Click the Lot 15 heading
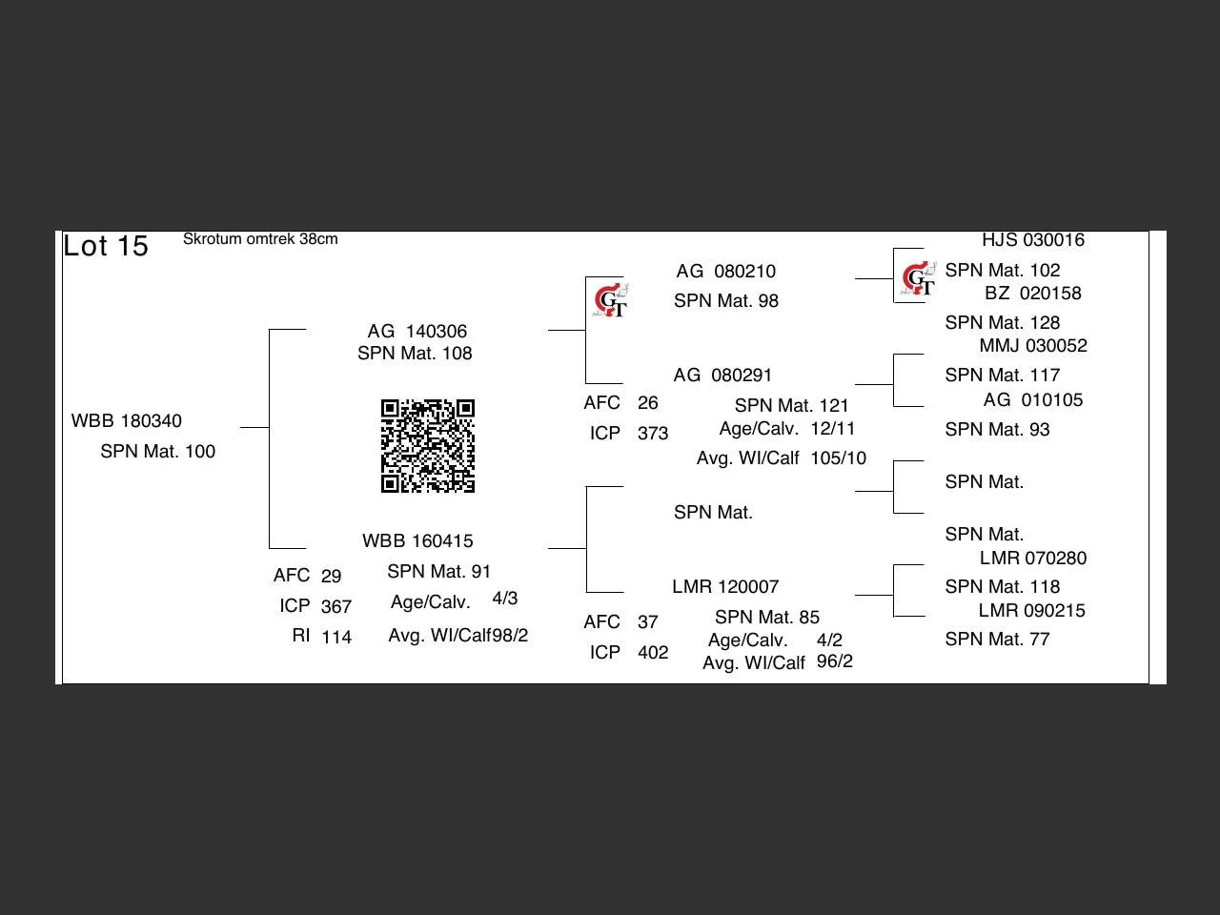(x=106, y=246)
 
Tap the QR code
(x=428, y=446)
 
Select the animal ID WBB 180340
(x=127, y=421)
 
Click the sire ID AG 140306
(x=417, y=332)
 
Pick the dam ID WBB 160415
(x=417, y=541)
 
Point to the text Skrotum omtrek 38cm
(x=260, y=239)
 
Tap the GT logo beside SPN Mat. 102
(x=918, y=279)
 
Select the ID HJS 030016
(x=1033, y=240)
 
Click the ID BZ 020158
(x=1033, y=294)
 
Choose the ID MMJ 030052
(x=1033, y=346)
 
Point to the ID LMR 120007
(x=725, y=587)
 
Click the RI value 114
(x=336, y=637)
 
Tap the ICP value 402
(x=653, y=653)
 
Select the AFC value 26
(x=648, y=403)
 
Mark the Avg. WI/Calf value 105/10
(x=839, y=458)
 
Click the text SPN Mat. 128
(x=1003, y=323)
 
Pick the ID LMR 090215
(x=1032, y=611)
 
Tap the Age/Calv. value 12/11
(x=833, y=429)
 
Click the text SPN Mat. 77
(x=997, y=640)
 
